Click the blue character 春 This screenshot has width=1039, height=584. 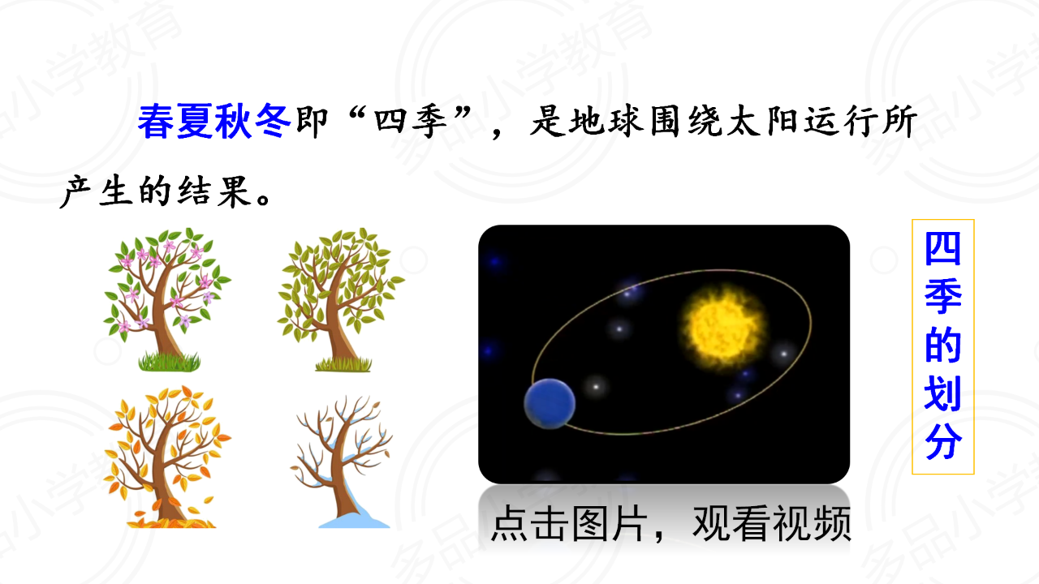tap(157, 122)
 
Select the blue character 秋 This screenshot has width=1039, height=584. tap(233, 122)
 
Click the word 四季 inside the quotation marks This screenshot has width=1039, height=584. tap(411, 122)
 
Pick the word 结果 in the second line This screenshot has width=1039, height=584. tap(214, 191)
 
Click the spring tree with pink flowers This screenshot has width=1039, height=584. tap(167, 299)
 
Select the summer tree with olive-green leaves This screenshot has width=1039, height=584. tap(341, 299)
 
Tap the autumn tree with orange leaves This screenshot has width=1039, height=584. tap(167, 457)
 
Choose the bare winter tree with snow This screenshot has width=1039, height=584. tap(342, 462)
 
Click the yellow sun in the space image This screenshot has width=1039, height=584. tap(722, 327)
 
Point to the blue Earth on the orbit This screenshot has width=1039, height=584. tap(550, 404)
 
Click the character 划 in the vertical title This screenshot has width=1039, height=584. tap(943, 393)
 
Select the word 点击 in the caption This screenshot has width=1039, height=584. tap(530, 523)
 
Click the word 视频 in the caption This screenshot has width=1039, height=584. tap(813, 523)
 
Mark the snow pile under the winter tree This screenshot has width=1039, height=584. tap(355, 517)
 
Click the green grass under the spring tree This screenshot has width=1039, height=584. tap(170, 362)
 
